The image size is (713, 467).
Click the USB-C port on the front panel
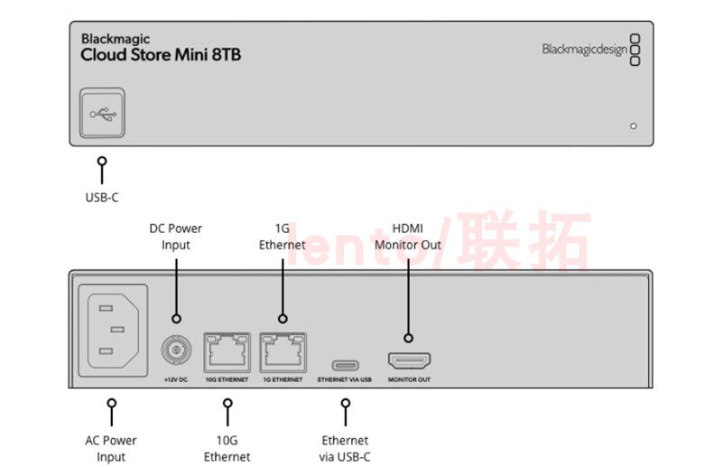[x=101, y=114]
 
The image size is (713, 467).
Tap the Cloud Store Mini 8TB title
[x=161, y=55]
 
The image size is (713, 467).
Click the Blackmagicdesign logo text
[x=584, y=50]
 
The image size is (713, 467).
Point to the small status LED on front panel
[x=633, y=126]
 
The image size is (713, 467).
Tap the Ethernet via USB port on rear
[x=345, y=365]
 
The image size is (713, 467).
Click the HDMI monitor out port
[x=409, y=361]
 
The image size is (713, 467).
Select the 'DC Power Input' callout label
[x=176, y=236]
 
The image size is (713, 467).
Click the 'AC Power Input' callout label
[x=112, y=448]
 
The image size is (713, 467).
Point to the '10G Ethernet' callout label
[x=227, y=448]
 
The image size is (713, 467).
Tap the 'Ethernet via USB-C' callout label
[x=346, y=448]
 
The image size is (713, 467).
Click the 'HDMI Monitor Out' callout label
[x=408, y=236]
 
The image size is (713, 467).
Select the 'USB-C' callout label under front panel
[x=101, y=197]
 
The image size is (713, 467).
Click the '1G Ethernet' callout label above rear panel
[x=282, y=236]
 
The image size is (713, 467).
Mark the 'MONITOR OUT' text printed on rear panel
[x=409, y=379]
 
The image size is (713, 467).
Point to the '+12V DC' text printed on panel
[x=175, y=379]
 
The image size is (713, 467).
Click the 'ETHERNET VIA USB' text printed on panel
[x=344, y=379]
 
